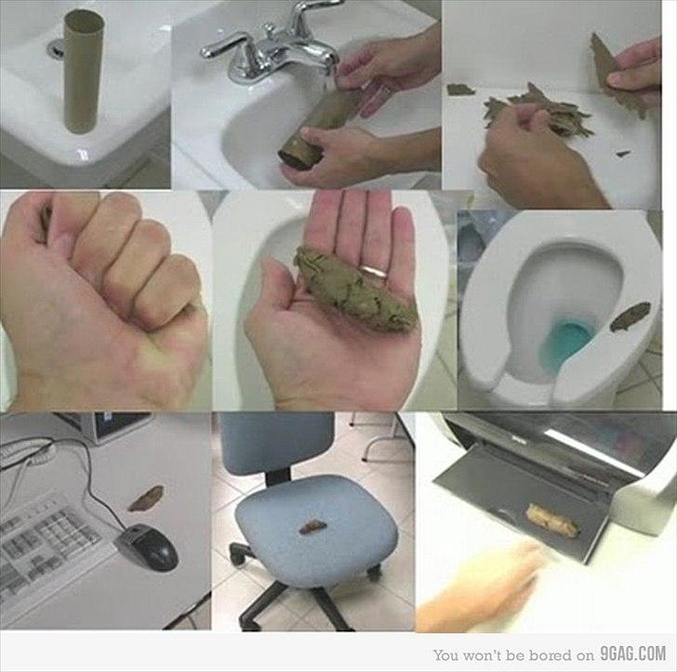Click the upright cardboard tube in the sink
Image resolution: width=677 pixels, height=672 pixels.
[x=84, y=72]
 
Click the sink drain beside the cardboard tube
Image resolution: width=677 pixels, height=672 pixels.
[x=56, y=48]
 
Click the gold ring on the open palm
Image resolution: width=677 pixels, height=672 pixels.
[x=375, y=271]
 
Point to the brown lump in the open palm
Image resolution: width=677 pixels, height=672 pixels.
[x=355, y=289]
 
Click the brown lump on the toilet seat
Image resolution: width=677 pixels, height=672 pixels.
[x=630, y=316]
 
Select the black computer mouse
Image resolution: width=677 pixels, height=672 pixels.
[x=147, y=546]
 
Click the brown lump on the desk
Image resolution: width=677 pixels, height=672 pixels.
[x=146, y=498]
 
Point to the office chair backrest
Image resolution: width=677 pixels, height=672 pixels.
[x=276, y=443]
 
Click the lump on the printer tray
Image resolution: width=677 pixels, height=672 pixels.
[x=551, y=520]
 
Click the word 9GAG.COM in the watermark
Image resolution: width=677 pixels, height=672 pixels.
[x=632, y=653]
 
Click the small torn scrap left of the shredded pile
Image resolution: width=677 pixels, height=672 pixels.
[x=460, y=89]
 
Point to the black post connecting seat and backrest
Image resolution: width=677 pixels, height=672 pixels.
[x=277, y=477]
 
